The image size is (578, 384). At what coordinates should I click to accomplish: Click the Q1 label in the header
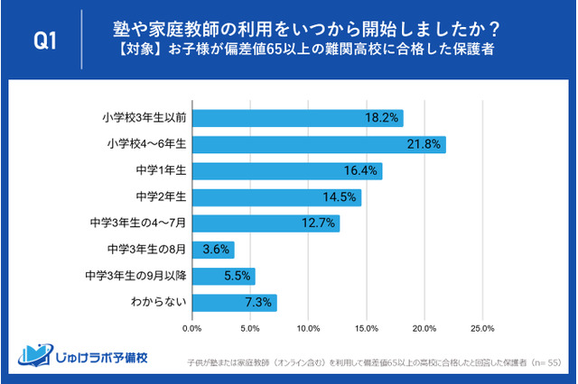click(x=45, y=41)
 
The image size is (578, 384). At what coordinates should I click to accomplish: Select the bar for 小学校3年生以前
click(x=297, y=118)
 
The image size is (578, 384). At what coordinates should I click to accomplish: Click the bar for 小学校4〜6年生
click(x=318, y=144)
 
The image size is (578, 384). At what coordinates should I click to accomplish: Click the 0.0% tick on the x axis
click(x=192, y=328)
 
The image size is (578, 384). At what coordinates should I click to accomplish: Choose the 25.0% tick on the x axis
click(x=482, y=328)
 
